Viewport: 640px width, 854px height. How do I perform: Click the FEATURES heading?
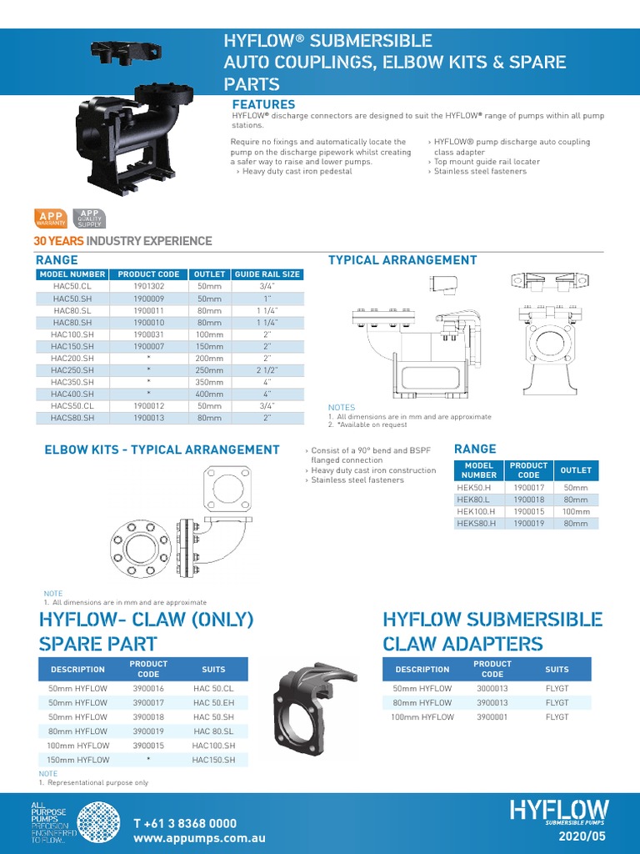coord(263,104)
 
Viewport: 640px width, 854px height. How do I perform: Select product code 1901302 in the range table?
coord(148,285)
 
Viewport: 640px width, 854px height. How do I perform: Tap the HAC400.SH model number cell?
coord(72,394)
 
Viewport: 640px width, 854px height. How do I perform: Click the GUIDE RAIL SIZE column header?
coord(267,274)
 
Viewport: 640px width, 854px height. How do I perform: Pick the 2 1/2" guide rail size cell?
coord(267,369)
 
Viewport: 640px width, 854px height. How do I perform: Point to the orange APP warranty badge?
coord(51,219)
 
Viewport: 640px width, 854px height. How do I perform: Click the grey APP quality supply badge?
coord(89,219)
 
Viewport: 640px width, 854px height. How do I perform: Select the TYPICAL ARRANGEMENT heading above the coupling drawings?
coord(402,260)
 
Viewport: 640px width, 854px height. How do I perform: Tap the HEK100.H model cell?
coord(476,511)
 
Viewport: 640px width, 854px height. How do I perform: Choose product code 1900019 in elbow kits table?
coord(528,523)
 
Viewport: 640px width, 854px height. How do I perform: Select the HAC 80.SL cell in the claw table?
coord(213,731)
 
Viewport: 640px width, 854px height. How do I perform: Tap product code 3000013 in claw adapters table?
coord(492,689)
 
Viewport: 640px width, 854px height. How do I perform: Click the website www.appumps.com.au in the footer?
coord(199,838)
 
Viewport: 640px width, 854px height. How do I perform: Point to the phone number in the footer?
coord(185,823)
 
